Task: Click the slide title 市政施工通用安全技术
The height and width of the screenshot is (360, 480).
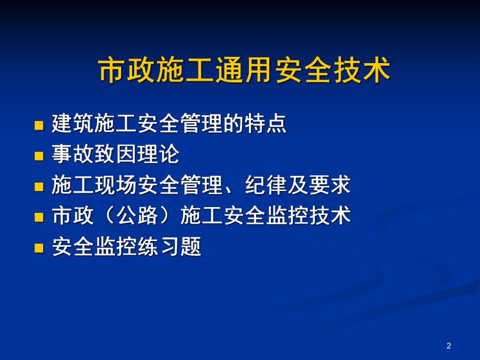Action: pyautogui.click(x=245, y=71)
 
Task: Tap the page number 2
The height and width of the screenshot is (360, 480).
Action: pyautogui.click(x=449, y=345)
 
